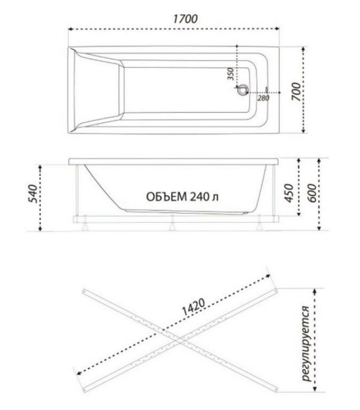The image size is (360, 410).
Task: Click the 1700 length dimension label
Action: pyautogui.click(x=185, y=19)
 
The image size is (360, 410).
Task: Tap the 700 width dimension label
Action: pyautogui.click(x=296, y=92)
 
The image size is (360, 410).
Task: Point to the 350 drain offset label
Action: pyautogui.click(x=230, y=74)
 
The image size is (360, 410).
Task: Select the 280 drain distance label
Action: pyautogui.click(x=263, y=98)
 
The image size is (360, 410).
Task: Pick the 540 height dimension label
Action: pyautogui.click(x=33, y=194)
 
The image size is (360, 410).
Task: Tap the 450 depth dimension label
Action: pyautogui.click(x=289, y=193)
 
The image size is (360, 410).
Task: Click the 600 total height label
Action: pyautogui.click(x=311, y=193)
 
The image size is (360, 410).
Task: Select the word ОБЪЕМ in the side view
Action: pyautogui.click(x=167, y=197)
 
